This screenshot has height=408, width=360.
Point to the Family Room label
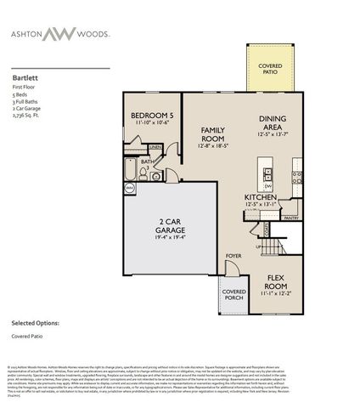pyautogui.click(x=212, y=134)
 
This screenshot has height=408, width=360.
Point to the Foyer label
pyautogui.click(x=233, y=255)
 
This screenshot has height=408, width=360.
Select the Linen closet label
pyautogui.click(x=156, y=147)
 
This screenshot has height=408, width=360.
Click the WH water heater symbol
pyautogui.click(x=130, y=187)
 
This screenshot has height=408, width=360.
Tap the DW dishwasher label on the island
pyautogui.click(x=267, y=184)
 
